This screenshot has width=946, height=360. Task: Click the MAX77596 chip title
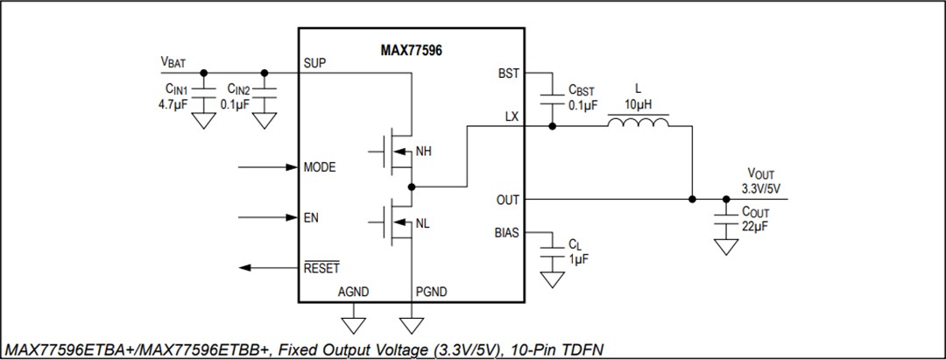(411, 52)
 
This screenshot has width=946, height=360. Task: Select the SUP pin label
(314, 63)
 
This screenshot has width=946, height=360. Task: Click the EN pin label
(310, 217)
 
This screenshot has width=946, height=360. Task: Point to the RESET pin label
(321, 268)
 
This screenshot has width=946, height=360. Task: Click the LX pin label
(512, 116)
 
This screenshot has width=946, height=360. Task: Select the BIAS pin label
(507, 233)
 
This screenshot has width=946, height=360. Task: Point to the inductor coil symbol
(639, 125)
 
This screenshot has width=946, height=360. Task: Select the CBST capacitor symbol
(552, 97)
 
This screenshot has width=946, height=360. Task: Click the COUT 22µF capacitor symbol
(725, 219)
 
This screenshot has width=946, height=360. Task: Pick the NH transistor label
(423, 152)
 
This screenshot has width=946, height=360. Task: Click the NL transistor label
(422, 224)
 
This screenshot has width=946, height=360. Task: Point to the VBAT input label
(173, 62)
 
